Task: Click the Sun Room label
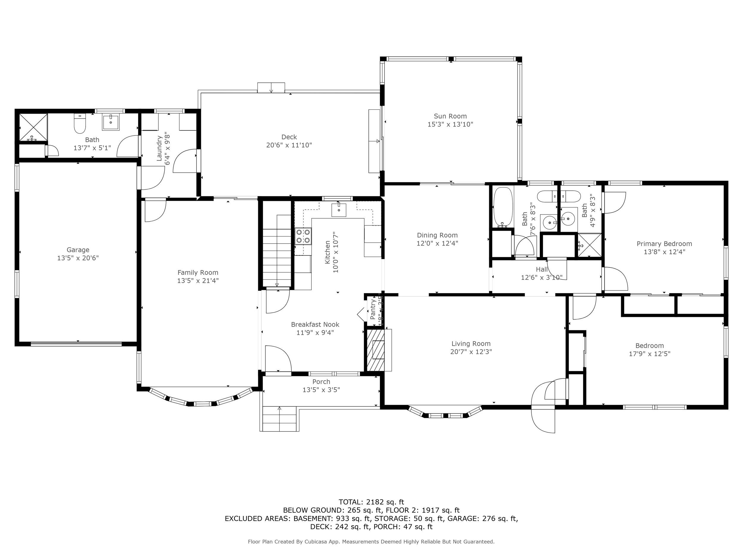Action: click(x=450, y=116)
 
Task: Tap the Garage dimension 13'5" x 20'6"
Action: click(x=78, y=258)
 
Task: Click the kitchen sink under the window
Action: click(x=339, y=210)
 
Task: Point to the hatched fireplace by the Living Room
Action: click(x=375, y=350)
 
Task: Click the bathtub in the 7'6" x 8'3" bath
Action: click(x=503, y=207)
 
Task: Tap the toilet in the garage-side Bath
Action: click(x=80, y=124)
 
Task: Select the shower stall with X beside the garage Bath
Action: click(x=33, y=127)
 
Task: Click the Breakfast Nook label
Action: click(x=315, y=324)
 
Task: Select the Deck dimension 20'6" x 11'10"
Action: click(x=289, y=145)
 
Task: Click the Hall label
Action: click(x=541, y=269)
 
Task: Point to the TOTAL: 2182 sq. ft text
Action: click(x=371, y=502)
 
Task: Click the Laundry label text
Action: click(x=160, y=148)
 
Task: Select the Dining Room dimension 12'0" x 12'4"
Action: click(x=437, y=243)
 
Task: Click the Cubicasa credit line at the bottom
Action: click(x=371, y=542)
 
